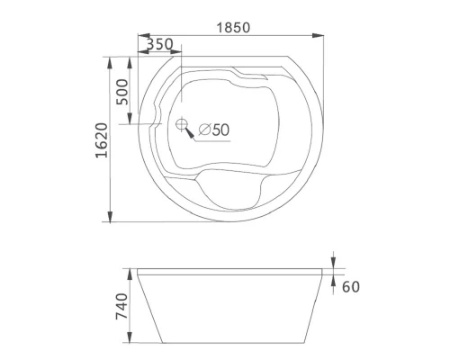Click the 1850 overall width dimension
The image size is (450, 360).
click(234, 27)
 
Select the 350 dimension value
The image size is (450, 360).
click(158, 43)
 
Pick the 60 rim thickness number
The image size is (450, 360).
click(352, 287)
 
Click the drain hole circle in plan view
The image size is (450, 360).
click(183, 125)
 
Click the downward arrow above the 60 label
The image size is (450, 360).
click(333, 262)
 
